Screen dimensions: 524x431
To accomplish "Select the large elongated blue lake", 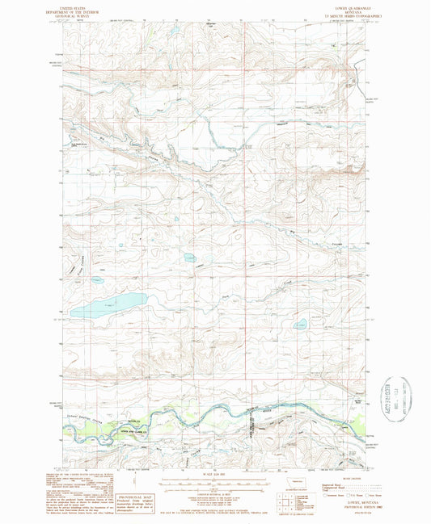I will (x=108, y=305).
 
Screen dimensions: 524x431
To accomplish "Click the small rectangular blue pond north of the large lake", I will (x=189, y=258).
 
